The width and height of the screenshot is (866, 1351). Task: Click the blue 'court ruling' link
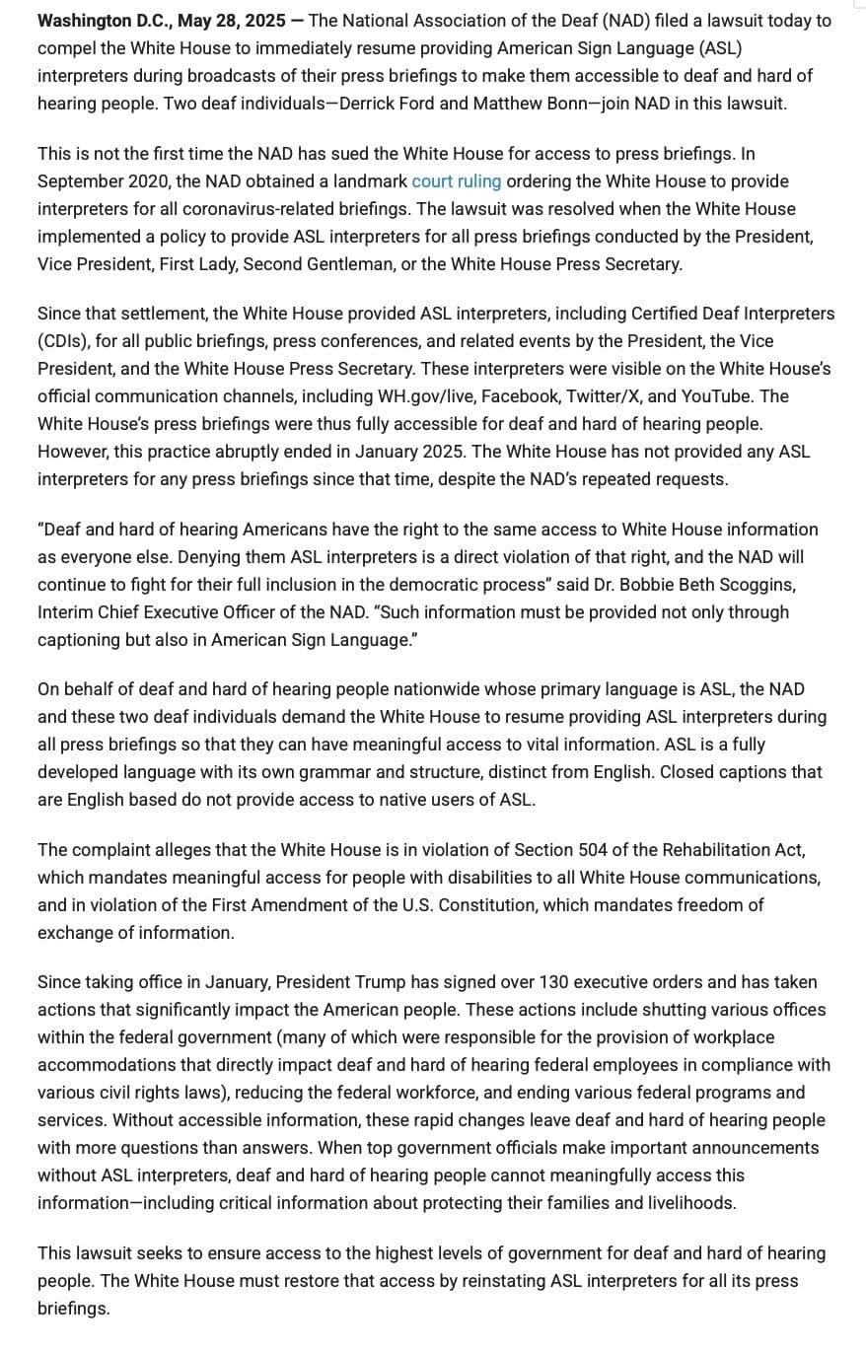pyautogui.click(x=456, y=181)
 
